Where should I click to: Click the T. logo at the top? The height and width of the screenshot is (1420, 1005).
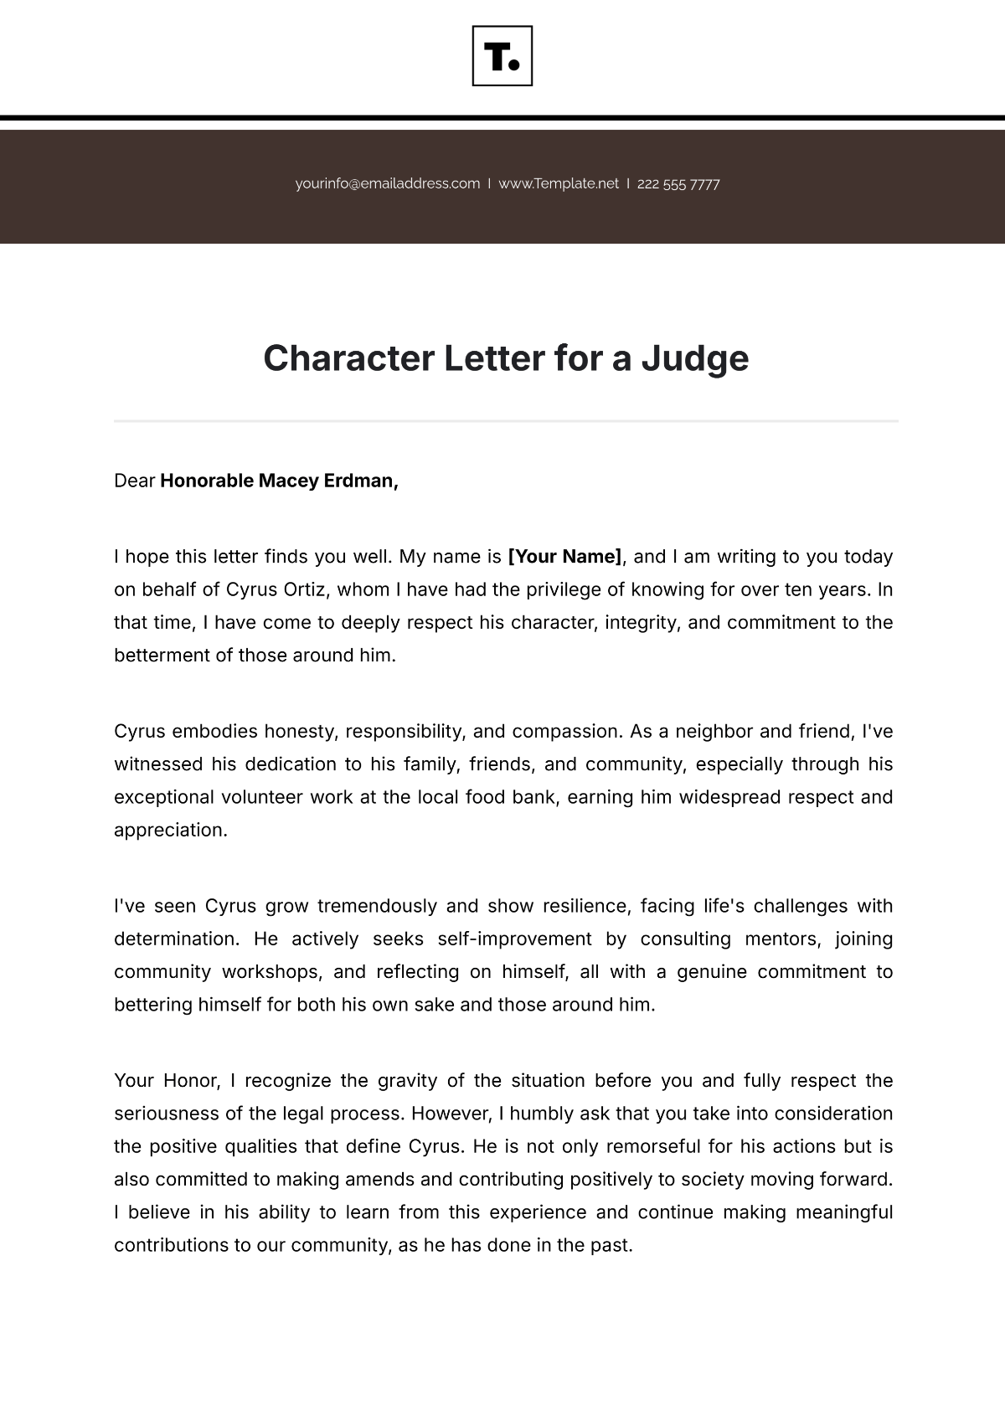pyautogui.click(x=502, y=56)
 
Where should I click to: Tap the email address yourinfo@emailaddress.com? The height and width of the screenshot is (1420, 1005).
pyautogui.click(x=388, y=183)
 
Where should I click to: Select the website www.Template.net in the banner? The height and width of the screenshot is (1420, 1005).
pyautogui.click(x=559, y=183)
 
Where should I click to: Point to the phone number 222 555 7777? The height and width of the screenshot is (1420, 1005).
pyautogui.click(x=678, y=184)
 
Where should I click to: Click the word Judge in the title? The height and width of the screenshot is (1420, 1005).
pyautogui.click(x=694, y=358)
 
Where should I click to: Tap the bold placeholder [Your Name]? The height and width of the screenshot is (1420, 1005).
pyautogui.click(x=565, y=557)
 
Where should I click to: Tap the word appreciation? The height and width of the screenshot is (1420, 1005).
pyautogui.click(x=170, y=831)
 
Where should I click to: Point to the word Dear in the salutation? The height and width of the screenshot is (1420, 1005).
pyautogui.click(x=135, y=481)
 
